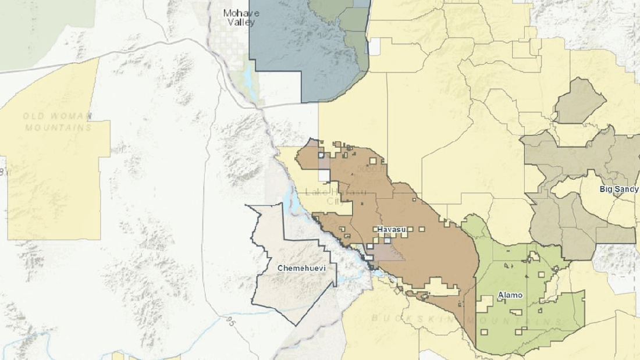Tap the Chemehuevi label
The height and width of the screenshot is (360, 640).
tap(299, 268)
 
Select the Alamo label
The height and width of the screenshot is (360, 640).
tap(510, 295)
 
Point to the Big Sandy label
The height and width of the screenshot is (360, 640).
tap(619, 189)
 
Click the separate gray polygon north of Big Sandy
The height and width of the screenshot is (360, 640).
tap(579, 102)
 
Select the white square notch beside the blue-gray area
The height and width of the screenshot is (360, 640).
tap(374, 46)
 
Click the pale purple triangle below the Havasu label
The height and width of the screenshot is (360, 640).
tap(387, 252)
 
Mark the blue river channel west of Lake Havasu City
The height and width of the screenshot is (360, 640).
tap(294, 201)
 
